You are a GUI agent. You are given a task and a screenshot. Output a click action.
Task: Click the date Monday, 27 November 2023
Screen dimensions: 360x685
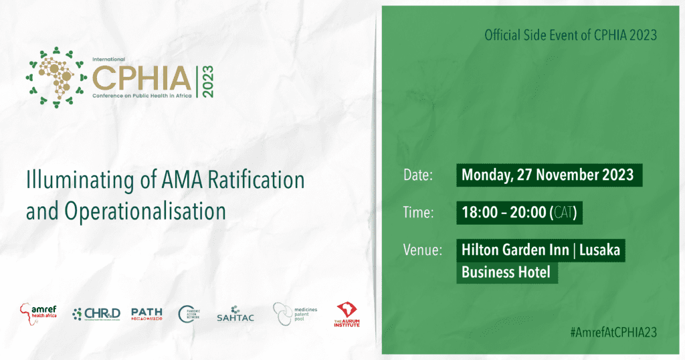click(547, 175)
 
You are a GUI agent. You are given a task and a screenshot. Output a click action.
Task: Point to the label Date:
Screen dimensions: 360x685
click(419, 176)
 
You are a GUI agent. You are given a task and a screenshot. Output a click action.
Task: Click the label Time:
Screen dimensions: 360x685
click(419, 213)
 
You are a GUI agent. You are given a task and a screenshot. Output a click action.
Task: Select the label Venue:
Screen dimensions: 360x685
click(423, 251)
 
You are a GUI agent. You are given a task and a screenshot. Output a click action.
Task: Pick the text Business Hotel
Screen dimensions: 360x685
click(506, 272)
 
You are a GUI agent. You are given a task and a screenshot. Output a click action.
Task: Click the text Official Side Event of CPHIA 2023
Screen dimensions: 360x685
click(571, 35)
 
